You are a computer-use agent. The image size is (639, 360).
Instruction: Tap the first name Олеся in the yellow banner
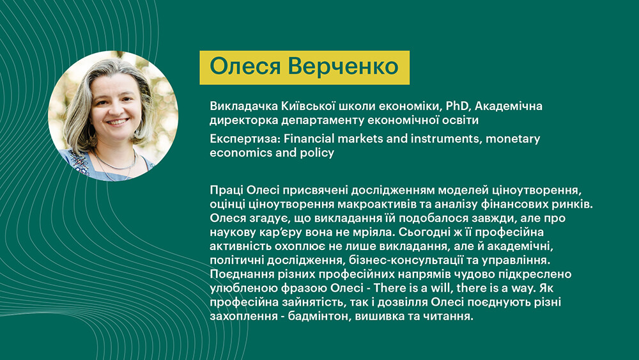pos(245,66)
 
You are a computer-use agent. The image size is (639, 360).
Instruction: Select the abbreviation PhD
pos(458,106)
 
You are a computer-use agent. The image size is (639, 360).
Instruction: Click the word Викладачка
pos(243,106)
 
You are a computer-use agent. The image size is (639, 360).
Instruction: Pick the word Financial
pos(309,139)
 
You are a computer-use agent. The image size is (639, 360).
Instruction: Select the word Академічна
pos(509,106)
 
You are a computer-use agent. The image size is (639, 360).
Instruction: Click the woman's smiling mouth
pos(119,121)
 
